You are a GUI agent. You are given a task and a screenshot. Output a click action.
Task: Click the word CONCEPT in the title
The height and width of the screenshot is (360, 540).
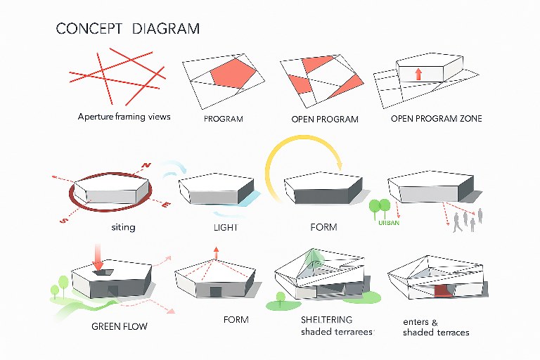click(89, 29)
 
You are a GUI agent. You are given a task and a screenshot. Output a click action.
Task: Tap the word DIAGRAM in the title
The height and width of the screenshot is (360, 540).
click(166, 29)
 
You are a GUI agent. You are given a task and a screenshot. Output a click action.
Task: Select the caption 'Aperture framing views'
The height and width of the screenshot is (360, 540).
click(124, 117)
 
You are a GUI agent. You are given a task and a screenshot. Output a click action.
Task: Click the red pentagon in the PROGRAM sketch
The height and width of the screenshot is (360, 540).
click(233, 72)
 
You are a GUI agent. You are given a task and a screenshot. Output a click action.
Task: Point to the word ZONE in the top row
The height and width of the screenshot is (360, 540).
click(471, 119)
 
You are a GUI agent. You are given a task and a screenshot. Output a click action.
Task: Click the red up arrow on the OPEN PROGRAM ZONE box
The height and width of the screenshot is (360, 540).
click(418, 74)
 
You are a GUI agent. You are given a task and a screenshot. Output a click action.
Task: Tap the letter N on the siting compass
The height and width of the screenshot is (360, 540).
click(146, 166)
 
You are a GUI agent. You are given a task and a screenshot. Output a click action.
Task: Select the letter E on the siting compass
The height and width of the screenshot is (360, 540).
click(166, 205)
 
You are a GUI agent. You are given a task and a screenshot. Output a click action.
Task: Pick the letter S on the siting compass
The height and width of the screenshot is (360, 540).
click(64, 220)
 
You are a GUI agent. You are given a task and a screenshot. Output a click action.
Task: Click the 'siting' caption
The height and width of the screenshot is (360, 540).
click(123, 227)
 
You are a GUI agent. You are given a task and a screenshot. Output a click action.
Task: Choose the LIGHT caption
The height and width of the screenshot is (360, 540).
click(226, 227)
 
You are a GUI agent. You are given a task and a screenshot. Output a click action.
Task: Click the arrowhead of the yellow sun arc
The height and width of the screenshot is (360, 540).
click(339, 166)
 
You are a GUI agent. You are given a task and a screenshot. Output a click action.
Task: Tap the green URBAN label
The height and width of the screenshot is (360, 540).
click(389, 223)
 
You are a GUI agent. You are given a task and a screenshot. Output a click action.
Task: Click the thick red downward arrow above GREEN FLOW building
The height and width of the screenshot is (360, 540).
click(98, 257)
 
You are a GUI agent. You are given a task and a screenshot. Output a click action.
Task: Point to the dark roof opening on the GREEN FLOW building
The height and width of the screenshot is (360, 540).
click(103, 273)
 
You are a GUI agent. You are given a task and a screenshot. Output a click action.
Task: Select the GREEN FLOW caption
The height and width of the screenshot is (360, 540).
click(119, 326)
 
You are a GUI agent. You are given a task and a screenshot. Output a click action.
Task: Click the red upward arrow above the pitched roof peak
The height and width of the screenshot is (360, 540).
click(216, 252)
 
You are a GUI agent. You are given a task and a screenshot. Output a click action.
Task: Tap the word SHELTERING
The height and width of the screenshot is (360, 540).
click(326, 320)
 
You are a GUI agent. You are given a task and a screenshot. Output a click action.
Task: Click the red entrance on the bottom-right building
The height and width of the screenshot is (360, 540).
click(443, 290)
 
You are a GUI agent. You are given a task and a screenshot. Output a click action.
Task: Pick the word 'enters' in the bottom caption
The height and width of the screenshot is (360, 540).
click(416, 322)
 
